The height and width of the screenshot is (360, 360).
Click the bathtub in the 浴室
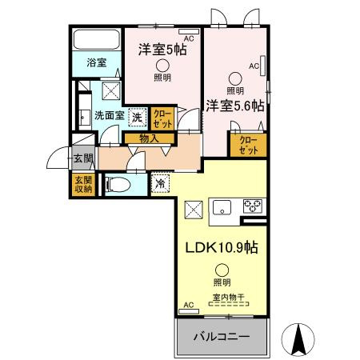tap(97, 39)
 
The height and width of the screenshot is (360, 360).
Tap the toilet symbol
tap(118, 185)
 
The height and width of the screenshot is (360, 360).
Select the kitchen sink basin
tap(222, 207)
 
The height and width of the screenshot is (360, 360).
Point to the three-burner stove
tap(253, 206)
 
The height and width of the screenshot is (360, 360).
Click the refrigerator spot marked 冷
tap(161, 183)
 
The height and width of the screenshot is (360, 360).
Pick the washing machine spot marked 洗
tap(138, 117)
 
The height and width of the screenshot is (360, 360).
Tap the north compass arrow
tap(298, 339)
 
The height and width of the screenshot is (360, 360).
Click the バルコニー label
tap(222, 336)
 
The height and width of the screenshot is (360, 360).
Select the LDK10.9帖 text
tap(222, 247)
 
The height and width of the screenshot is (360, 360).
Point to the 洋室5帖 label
tap(162, 50)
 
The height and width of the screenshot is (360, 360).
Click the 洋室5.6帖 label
tap(235, 106)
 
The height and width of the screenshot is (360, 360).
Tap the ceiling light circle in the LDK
tap(222, 270)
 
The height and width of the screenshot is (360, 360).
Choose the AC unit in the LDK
tap(189, 311)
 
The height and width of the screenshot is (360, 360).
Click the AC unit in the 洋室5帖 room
tap(189, 31)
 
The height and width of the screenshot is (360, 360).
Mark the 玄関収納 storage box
tap(83, 185)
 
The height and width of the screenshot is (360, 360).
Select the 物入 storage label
tap(150, 138)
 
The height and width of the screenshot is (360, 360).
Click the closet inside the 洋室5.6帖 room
tap(249, 145)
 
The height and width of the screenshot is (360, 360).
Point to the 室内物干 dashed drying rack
tap(229, 304)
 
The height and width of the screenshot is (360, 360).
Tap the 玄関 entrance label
tap(83, 158)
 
